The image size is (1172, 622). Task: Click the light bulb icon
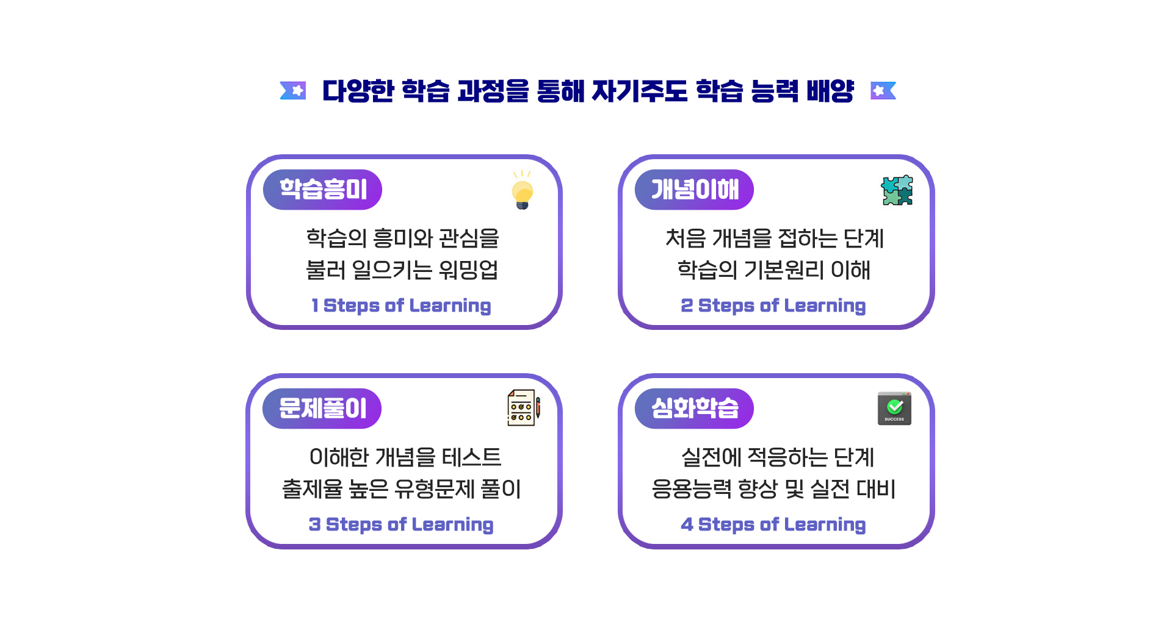(523, 190)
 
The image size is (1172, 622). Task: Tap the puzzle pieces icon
(897, 190)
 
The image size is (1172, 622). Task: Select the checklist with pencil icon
(524, 408)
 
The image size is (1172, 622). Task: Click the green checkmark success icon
(894, 408)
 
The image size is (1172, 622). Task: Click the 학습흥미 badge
(322, 190)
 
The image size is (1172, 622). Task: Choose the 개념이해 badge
(694, 190)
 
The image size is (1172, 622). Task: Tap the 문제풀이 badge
(322, 409)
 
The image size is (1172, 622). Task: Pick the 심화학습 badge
(694, 409)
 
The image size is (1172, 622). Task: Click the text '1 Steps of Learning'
(401, 306)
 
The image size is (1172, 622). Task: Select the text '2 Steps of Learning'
(773, 306)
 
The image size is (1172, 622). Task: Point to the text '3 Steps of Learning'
(401, 524)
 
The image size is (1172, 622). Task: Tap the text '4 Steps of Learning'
(773, 524)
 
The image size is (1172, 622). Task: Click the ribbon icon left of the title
(293, 91)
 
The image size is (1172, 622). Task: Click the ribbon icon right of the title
(883, 91)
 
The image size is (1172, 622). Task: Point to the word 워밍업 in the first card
(469, 270)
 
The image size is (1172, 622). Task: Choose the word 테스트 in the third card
(472, 457)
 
